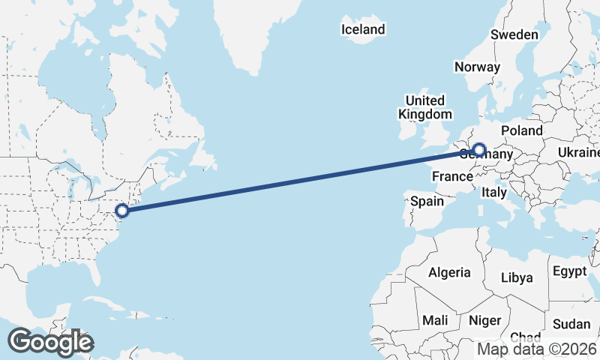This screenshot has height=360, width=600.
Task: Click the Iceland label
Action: [x=363, y=29]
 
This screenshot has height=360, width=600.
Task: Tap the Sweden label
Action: [x=514, y=34]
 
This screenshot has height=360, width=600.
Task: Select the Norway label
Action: [x=477, y=67]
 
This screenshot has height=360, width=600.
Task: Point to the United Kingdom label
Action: [x=425, y=107]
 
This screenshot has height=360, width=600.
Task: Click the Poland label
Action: [x=522, y=130]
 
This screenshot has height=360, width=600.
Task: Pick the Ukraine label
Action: [x=579, y=152]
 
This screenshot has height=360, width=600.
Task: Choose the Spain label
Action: [x=427, y=201]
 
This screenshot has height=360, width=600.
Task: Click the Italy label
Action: [x=494, y=193]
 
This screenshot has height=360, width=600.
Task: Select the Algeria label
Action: [x=450, y=272]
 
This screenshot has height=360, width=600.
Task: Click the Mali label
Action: [x=435, y=320]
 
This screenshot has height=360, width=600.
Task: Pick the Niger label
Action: [x=484, y=320]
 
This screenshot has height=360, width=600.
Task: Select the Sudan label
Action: [x=571, y=324]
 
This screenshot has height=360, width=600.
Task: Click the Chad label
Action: [x=525, y=337]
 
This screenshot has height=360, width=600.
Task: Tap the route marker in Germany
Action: [x=479, y=149]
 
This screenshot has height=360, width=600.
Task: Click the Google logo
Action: [x=50, y=342]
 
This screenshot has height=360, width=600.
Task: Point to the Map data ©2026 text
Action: [x=537, y=349]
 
